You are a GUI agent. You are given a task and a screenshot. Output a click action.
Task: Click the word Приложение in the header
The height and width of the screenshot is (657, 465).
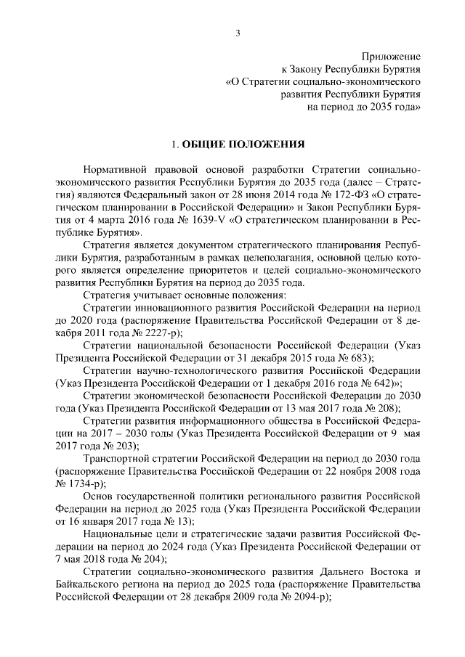pyautogui.click(x=392, y=57)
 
